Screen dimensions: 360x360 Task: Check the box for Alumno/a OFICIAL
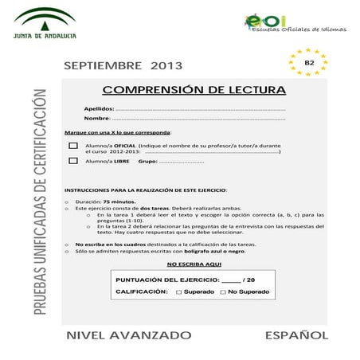tap(73, 146)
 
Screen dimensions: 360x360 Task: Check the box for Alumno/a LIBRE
tap(73, 160)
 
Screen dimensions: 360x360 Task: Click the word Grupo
tap(147, 161)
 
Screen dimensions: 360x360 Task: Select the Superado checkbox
tap(179, 292)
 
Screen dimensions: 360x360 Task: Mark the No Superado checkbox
tap(223, 292)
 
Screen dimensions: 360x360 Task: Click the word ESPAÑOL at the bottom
tap(296, 334)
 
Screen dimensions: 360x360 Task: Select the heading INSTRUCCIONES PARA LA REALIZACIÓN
tap(146, 190)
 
